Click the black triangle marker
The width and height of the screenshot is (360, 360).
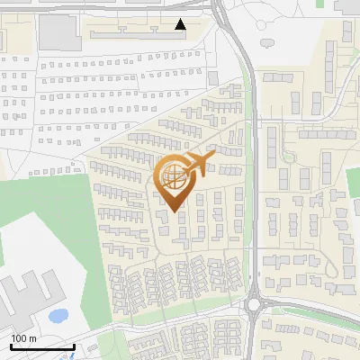[181, 24]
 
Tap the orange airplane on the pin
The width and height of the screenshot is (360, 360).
[199, 162]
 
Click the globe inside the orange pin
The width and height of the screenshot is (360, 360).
[174, 179]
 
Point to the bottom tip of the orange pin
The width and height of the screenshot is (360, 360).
[174, 212]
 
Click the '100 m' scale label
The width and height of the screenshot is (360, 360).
[23, 337]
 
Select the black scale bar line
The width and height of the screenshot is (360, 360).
[41, 346]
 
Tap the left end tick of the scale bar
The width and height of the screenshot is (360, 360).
[11, 345]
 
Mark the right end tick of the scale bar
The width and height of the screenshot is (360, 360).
[73, 345]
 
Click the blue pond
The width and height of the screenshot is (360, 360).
[58, 316]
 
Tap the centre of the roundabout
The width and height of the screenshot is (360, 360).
[255, 303]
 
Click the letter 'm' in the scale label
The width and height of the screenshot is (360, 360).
[32, 337]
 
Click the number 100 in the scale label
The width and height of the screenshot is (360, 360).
[19, 337]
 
